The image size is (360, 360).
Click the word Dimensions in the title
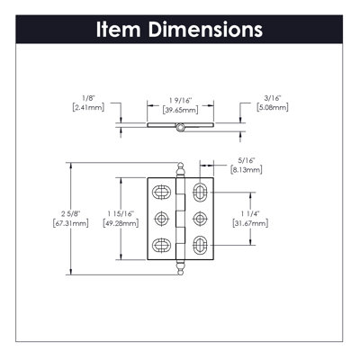pyautogui.click(x=205, y=30)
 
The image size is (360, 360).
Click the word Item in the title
pyautogui.click(x=118, y=30)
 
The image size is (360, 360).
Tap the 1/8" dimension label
pyautogui.click(x=88, y=98)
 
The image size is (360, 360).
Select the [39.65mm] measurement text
pyautogui.click(x=180, y=110)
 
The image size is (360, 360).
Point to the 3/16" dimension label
pyautogui.click(x=273, y=98)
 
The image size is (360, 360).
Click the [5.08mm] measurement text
pyautogui.click(x=273, y=107)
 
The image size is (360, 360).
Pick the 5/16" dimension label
pyautogui.click(x=246, y=161)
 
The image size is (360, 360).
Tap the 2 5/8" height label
pyautogui.click(x=71, y=214)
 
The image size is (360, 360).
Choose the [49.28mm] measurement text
pyautogui.click(x=121, y=223)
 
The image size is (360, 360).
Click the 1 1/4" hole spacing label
pyautogui.click(x=250, y=214)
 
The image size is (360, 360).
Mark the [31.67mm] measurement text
pyautogui.click(x=250, y=223)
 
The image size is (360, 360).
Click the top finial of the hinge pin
pyautogui.click(x=180, y=170)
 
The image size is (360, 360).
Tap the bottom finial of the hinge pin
pyautogui.click(x=180, y=267)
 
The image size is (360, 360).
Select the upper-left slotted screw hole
pyautogui.click(x=161, y=193)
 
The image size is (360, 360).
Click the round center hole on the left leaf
pyautogui.click(x=161, y=219)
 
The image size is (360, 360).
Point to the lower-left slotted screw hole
pyautogui.click(x=161, y=245)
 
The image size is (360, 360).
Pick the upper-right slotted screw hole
pyautogui.click(x=200, y=193)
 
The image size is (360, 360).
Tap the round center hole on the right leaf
pyautogui.click(x=200, y=219)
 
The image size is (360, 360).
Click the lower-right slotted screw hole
pyautogui.click(x=200, y=245)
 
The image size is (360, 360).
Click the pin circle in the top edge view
pyautogui.click(x=180, y=128)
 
